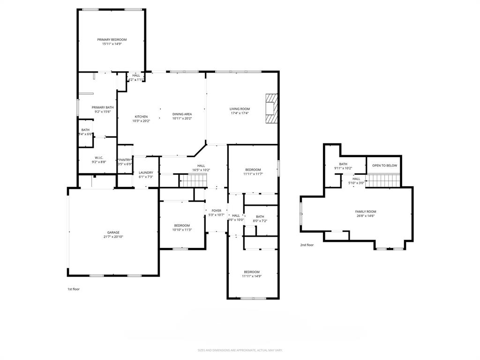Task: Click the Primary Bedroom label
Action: coord(112,40)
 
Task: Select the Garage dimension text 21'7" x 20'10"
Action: coord(113,237)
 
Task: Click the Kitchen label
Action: coord(142,117)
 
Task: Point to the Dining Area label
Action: coord(182,114)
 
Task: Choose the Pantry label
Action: coord(125,160)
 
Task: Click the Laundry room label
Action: coord(146,172)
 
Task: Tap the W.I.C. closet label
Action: coord(99,157)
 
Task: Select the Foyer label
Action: coord(216,211)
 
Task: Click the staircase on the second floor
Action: coord(383,180)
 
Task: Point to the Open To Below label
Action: coord(384,165)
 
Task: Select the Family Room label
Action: coord(365,211)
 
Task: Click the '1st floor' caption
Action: coord(74,289)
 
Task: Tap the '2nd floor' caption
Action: coord(307,245)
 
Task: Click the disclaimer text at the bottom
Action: coord(240,350)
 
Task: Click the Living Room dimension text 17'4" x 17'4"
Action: coord(240,113)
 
